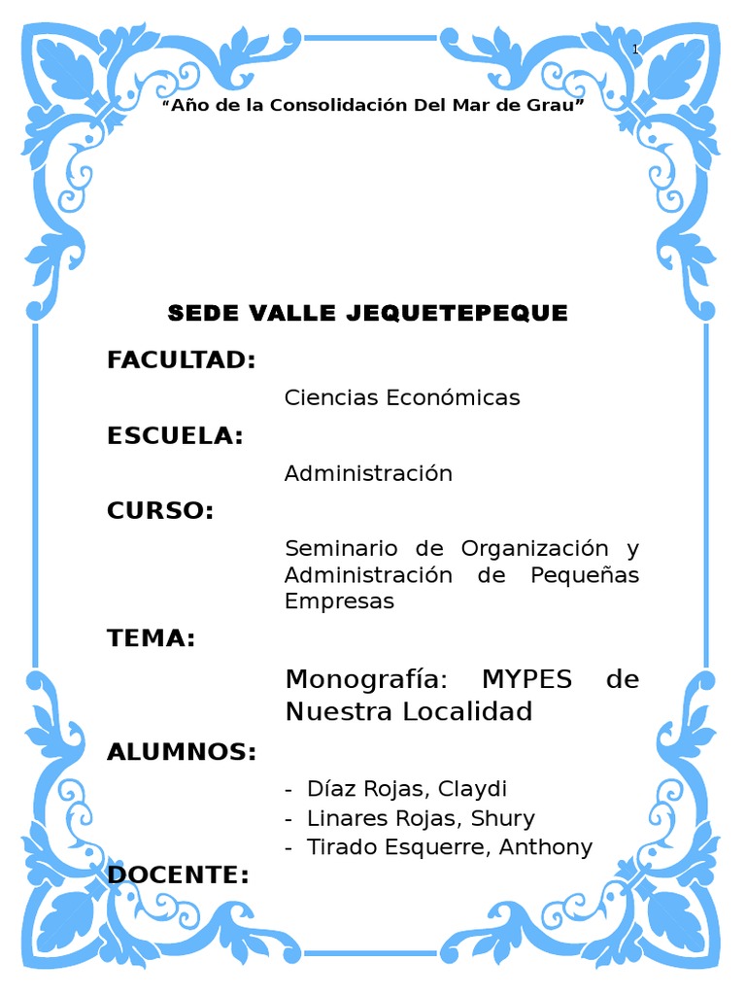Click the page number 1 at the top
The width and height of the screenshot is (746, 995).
point(635,50)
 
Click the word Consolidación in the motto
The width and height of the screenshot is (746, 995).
point(335,105)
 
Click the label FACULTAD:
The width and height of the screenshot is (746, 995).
point(182,360)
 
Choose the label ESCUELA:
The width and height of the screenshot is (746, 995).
point(175,436)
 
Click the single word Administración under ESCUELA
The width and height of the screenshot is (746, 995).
point(368,473)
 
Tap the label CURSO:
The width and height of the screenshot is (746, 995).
point(160,511)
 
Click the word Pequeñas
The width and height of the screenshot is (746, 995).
point(585,574)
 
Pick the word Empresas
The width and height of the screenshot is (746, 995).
point(339,600)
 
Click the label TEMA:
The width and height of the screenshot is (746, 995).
point(152,638)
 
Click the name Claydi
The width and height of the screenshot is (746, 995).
point(475,789)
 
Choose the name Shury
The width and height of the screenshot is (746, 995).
point(502,818)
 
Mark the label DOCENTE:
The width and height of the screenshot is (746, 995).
point(178,875)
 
